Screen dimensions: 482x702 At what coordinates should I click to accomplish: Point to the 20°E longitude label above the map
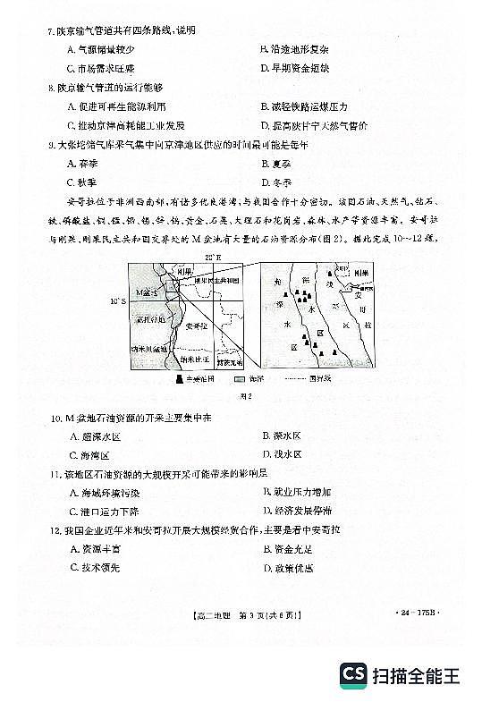point(212,258)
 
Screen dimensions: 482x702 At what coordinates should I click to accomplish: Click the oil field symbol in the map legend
point(181,380)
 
